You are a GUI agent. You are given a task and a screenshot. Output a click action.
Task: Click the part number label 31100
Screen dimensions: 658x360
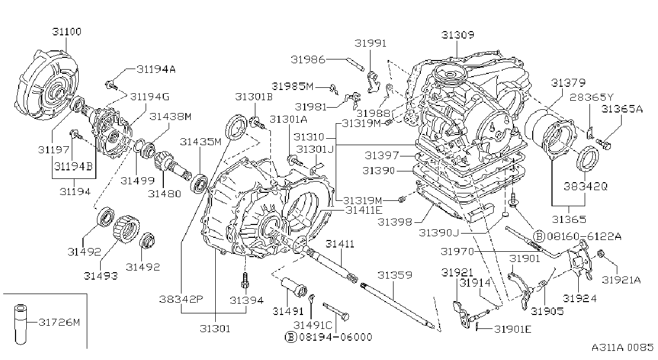[67, 32]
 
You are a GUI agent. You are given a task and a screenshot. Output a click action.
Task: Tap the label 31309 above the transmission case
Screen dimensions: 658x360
[458, 35]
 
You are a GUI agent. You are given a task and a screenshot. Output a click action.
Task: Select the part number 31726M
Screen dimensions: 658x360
[59, 322]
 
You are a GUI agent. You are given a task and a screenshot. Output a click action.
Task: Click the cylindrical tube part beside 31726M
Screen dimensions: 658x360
[20, 324]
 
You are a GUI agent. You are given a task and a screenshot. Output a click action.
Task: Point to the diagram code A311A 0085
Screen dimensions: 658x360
[623, 347]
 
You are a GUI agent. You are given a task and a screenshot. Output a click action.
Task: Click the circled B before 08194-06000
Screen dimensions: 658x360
[290, 337]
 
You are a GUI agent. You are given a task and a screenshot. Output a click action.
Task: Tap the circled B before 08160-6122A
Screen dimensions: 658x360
[539, 236]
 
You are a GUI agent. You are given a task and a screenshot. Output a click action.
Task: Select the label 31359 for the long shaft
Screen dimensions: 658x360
[395, 275]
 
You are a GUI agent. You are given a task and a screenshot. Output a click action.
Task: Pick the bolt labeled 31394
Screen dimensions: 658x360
[245, 280]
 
